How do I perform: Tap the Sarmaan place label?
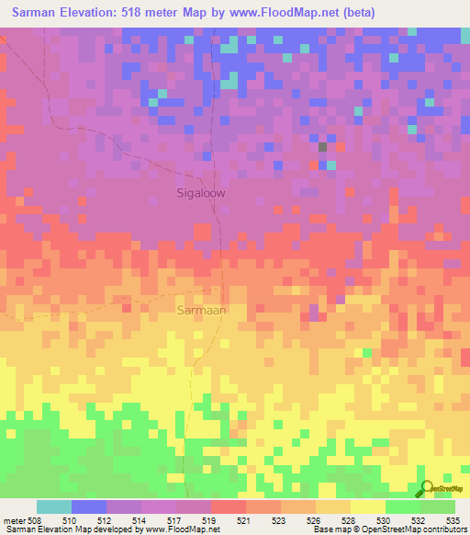200,311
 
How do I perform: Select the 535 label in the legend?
453,520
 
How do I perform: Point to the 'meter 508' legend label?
22,520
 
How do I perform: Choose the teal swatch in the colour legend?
53,507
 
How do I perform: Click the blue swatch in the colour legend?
88,507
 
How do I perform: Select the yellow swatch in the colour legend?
367,507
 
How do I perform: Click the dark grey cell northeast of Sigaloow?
322,146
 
